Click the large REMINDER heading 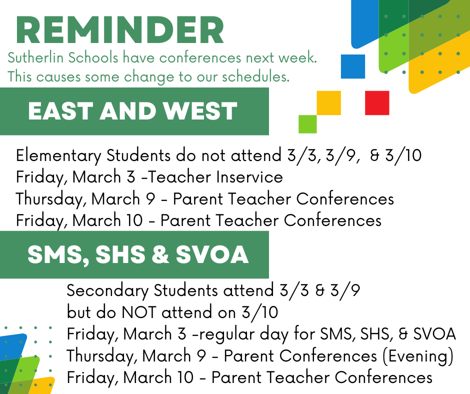pos(120,30)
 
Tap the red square pos(377,103)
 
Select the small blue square pos(353,66)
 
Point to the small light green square pos(307,124)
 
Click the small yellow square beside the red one pos(329,103)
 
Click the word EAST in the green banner pos(60,111)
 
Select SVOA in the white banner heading pos(212,254)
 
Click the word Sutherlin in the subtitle pos(35,57)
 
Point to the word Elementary pos(59,156)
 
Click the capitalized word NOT pos(138,312)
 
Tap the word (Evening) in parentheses pos(418,356)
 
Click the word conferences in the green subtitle pos(200,57)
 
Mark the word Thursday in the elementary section pos(51,199)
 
